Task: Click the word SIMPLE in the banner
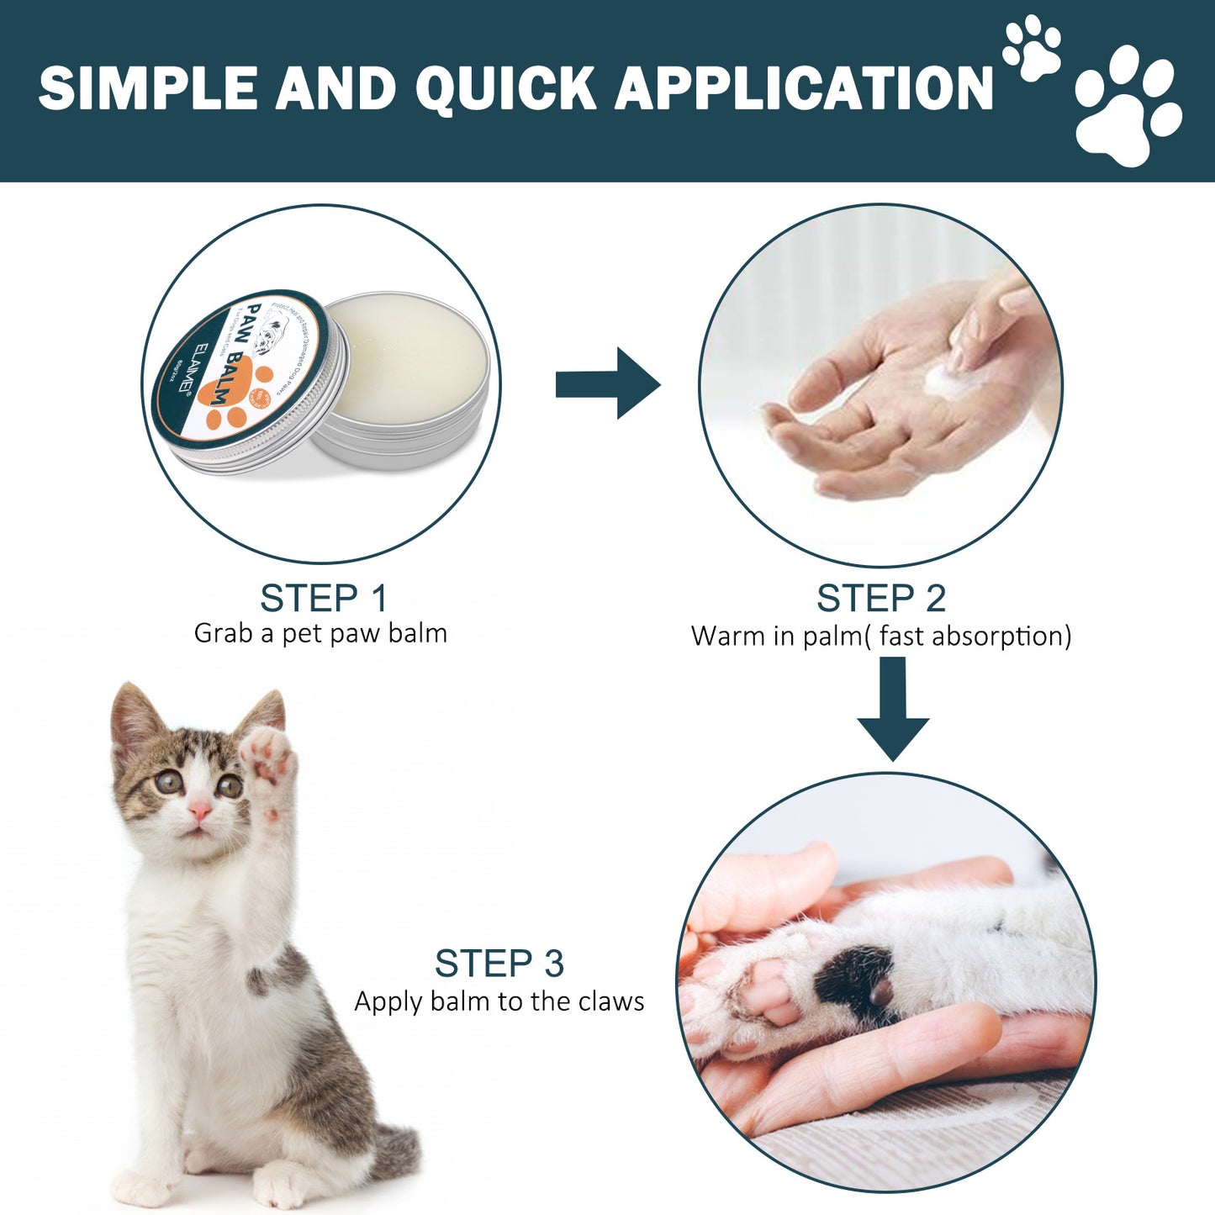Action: [148, 88]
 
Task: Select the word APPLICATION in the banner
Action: [805, 88]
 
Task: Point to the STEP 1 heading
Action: [324, 599]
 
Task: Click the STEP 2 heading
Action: [880, 599]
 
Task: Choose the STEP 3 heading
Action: [499, 964]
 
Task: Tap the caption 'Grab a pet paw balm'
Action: [320, 633]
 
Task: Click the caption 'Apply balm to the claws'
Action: [499, 1001]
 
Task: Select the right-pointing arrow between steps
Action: [608, 384]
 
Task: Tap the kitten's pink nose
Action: [199, 810]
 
